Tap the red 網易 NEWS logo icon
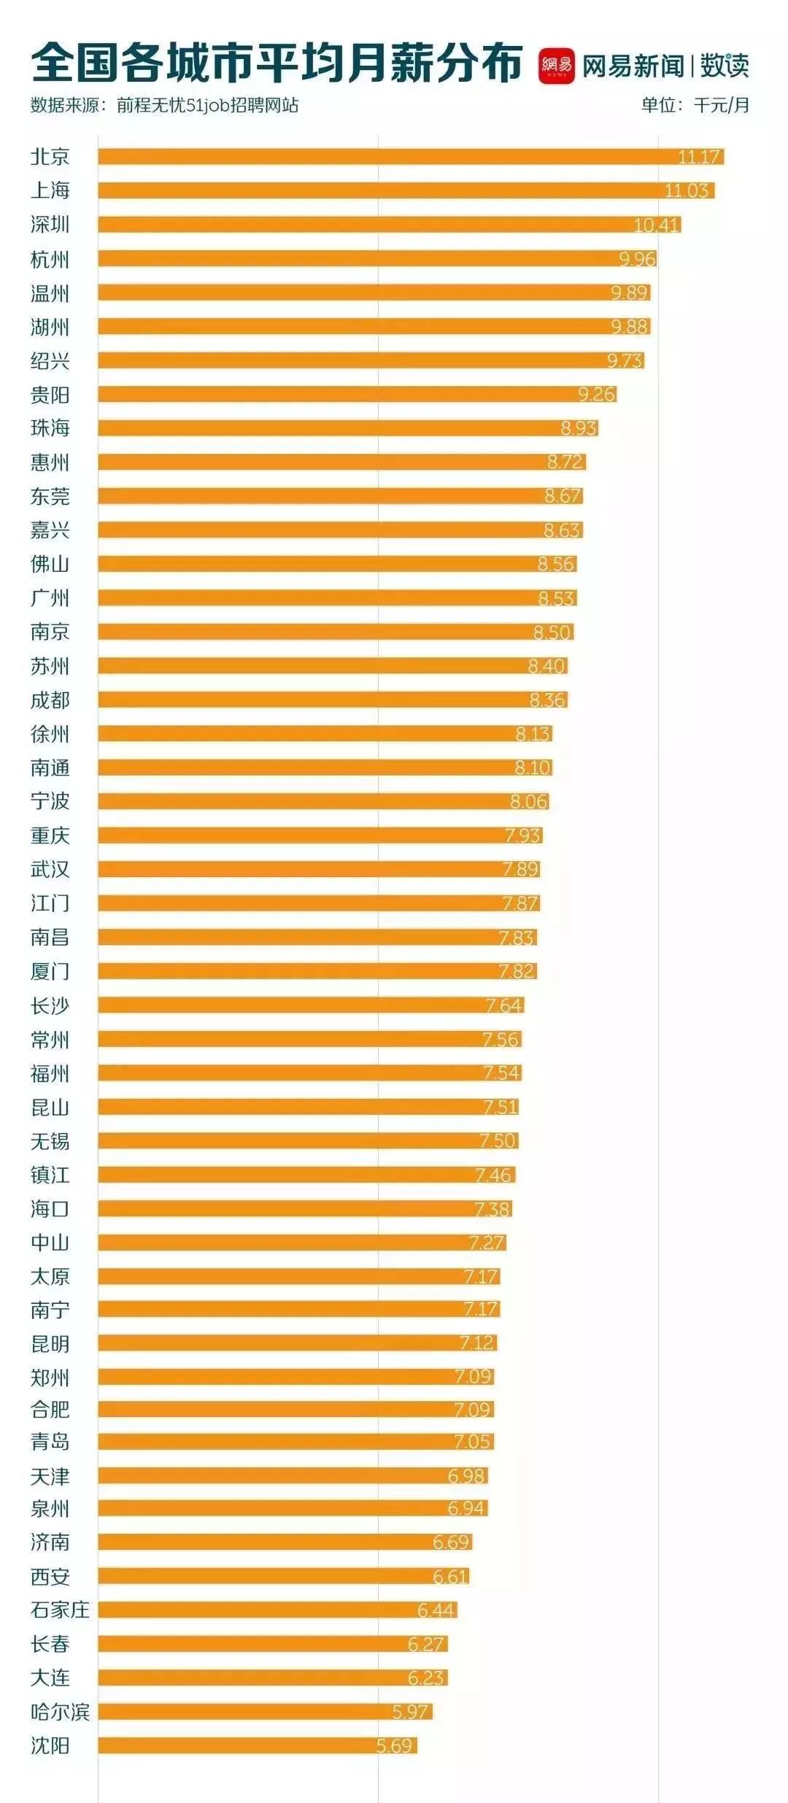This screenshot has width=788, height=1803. pyautogui.click(x=556, y=66)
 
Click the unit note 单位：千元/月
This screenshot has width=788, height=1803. pyautogui.click(x=695, y=105)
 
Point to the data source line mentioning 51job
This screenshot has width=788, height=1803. pyautogui.click(x=164, y=105)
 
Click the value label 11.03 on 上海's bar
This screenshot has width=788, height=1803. pyautogui.click(x=687, y=190)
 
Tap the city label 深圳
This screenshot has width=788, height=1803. pyautogui.click(x=50, y=225)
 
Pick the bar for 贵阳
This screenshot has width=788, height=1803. pyautogui.click(x=357, y=395)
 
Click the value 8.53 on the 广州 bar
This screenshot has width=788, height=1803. pyautogui.click(x=557, y=598)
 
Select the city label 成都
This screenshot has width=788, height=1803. pyautogui.click(x=50, y=700)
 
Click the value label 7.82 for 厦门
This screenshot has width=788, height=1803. pyautogui.click(x=517, y=971)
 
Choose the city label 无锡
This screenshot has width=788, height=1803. pyautogui.click(x=50, y=1141)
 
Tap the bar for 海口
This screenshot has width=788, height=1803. pyautogui.click(x=304, y=1209)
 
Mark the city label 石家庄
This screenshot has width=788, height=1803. pyautogui.click(x=60, y=1610)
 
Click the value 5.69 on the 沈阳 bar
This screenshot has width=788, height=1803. pyautogui.click(x=395, y=1746)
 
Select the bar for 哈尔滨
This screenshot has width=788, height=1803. pyautogui.click(x=265, y=1712)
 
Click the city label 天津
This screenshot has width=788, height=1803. pyautogui.click(x=50, y=1475)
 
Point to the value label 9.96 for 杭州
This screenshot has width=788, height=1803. pyautogui.click(x=637, y=259)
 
